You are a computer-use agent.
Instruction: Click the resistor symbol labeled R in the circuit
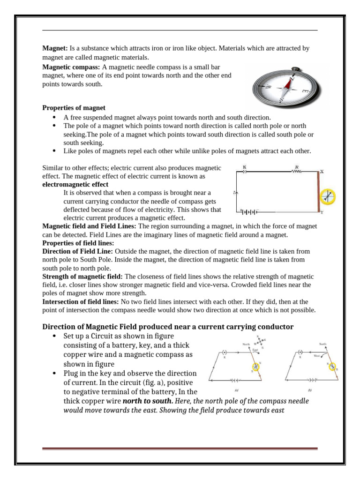[x=297, y=172]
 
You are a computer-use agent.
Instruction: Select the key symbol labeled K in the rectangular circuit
[x=244, y=172]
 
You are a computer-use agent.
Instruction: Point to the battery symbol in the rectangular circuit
[x=249, y=212]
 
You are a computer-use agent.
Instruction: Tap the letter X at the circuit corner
[x=322, y=172]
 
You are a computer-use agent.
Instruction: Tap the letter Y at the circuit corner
[x=322, y=212]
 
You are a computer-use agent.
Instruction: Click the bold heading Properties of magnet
[x=74, y=108]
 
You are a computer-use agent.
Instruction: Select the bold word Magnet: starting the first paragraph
[x=55, y=48]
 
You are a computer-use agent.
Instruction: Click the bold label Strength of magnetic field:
[x=82, y=277]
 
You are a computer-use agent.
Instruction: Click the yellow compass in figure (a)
[x=256, y=366]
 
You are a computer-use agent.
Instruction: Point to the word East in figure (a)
[x=255, y=350]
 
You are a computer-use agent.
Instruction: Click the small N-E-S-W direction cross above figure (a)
[x=260, y=342]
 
